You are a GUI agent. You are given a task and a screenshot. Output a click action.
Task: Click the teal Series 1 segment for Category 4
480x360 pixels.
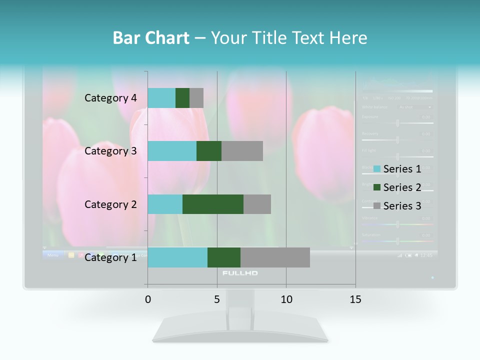click(161, 98)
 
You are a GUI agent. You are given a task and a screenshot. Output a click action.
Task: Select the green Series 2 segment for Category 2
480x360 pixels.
click(213, 204)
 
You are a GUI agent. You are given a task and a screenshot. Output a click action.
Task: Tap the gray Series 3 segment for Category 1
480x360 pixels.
click(275, 257)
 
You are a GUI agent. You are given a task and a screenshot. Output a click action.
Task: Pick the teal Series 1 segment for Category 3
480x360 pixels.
click(172, 151)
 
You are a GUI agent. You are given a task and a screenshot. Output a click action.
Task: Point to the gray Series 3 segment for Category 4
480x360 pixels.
click(196, 98)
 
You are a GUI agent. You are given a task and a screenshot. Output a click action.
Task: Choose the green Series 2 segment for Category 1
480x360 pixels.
click(224, 257)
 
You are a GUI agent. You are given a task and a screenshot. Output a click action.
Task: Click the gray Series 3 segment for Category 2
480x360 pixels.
click(257, 204)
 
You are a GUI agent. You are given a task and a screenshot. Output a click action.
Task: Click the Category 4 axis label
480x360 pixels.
click(110, 98)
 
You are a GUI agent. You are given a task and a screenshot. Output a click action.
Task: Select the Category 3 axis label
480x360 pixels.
click(110, 151)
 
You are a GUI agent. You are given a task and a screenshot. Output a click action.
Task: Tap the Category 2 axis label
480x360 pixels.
click(110, 204)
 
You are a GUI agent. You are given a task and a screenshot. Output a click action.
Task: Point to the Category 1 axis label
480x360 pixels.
click(110, 257)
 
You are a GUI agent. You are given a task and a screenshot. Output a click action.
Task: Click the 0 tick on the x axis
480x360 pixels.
click(148, 299)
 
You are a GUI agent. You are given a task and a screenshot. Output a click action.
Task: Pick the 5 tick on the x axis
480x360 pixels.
click(217, 299)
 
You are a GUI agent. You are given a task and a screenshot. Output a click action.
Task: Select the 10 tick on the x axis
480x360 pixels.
click(286, 299)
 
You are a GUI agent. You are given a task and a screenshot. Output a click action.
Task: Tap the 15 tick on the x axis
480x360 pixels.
click(355, 299)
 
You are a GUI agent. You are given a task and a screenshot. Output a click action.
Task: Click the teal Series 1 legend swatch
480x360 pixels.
click(377, 169)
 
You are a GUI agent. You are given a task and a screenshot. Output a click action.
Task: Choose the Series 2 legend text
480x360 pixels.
click(402, 187)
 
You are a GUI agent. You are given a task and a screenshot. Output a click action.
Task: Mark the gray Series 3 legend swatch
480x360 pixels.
click(377, 206)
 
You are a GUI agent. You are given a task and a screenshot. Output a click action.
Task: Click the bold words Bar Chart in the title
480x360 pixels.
click(151, 38)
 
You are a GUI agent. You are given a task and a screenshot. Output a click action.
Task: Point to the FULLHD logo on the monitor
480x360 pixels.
click(240, 273)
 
